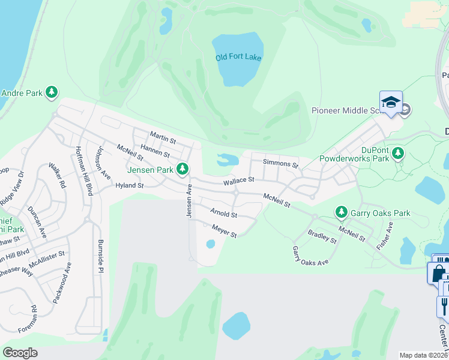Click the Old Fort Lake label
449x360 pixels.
238,58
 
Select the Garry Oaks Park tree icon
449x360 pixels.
341,212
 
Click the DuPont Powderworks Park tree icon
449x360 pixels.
397,154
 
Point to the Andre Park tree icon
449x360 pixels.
52,92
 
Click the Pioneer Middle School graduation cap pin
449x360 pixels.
391,103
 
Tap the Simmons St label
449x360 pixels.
280,164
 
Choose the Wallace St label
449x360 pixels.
239,180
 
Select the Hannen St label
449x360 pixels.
155,151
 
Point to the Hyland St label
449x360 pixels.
130,186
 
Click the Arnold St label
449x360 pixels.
223,213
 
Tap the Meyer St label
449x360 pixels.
224,230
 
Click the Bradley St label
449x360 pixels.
322,236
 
